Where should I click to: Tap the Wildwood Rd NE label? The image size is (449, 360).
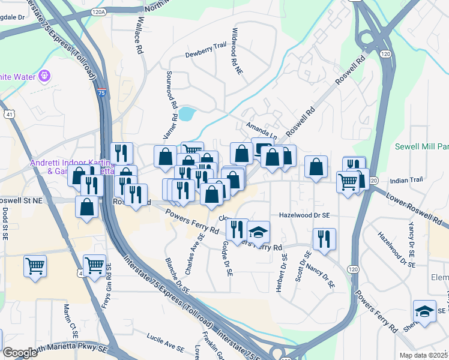click(x=238, y=51)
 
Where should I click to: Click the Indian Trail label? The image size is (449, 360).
click(x=406, y=180)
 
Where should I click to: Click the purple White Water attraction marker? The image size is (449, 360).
click(x=44, y=76)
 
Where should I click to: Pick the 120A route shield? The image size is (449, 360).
click(x=99, y=11)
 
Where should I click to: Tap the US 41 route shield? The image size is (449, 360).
click(x=8, y=113)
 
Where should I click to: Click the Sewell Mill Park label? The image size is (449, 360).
click(x=422, y=147)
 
